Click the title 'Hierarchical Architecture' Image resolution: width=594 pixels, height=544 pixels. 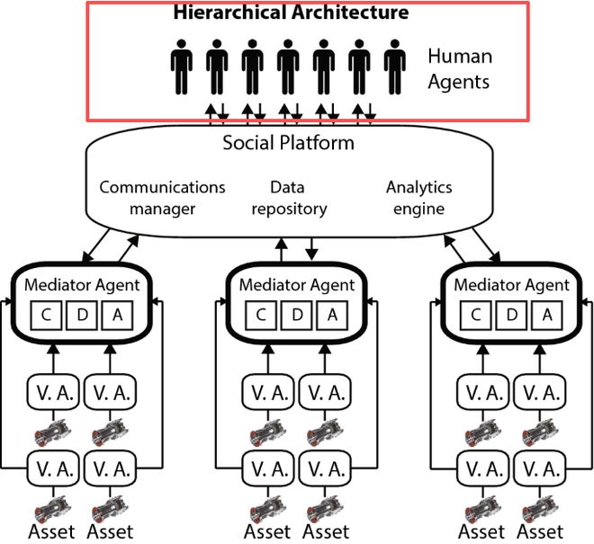coord(291,12)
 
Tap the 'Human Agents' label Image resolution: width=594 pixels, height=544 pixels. coord(460,69)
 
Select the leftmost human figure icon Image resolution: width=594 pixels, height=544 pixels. coord(182,67)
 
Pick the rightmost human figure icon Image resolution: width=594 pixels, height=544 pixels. coord(395,67)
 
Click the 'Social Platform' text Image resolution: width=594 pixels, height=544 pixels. coord(288,143)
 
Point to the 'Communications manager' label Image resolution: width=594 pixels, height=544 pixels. coord(162,198)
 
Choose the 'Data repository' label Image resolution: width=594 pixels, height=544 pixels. coord(289,198)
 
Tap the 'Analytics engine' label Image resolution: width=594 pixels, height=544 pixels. coord(419,198)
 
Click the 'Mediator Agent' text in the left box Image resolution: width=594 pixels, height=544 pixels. coord(82,285)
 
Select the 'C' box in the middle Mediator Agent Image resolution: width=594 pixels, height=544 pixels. coord(261,316)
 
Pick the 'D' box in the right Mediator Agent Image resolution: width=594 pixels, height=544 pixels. coord(511,316)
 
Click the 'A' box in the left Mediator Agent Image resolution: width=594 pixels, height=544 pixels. coord(117,316)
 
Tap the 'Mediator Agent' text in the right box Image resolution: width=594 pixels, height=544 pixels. coord(512,285)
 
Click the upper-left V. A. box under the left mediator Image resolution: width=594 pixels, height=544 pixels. coord(53,392)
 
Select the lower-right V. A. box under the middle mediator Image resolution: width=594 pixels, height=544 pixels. coord(325,468)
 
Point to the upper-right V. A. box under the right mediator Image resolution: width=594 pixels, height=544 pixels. coord(540,392)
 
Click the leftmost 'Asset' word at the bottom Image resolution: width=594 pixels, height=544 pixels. coord(51,532)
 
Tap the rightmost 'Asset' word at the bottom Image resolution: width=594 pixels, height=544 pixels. coord(540,532)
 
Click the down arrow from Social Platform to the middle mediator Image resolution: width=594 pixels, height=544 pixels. coord(311,249)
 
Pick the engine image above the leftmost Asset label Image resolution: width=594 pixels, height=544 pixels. coord(52,508)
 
